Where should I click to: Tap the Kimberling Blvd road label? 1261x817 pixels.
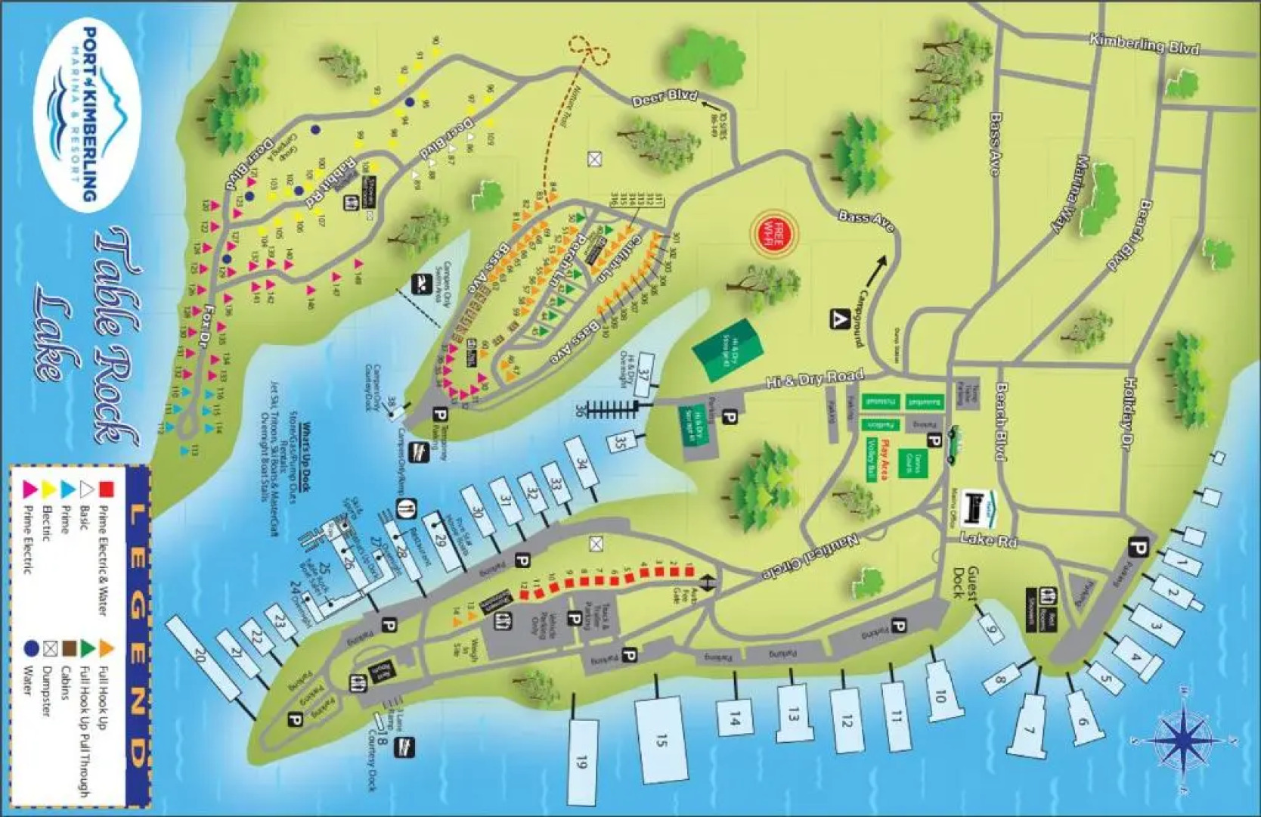[1144, 44]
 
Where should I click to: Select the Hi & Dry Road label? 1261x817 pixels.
[814, 379]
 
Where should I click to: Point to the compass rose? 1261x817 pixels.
[1185, 738]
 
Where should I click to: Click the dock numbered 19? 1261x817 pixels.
[581, 760]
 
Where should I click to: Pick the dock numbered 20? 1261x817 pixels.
[202, 655]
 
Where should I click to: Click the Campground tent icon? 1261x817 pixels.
[839, 318]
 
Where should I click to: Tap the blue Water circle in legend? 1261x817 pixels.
[32, 648]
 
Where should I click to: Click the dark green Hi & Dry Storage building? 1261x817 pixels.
[727, 349]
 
